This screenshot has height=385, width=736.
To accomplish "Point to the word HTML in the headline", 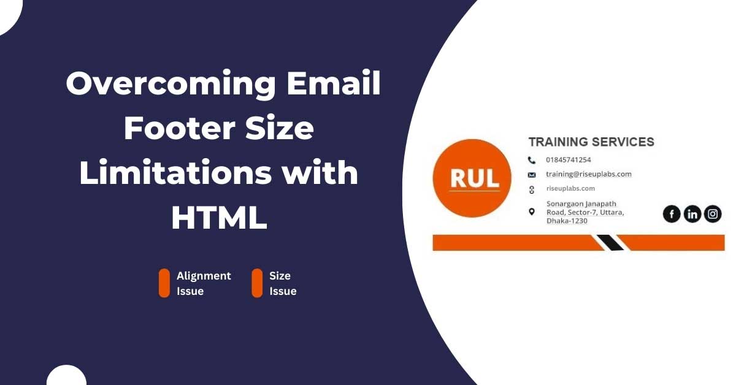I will [x=219, y=218].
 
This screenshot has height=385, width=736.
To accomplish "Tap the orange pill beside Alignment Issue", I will [x=164, y=283].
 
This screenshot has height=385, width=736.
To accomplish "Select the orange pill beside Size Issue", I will [x=257, y=283].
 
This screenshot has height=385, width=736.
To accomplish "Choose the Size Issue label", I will [x=283, y=283].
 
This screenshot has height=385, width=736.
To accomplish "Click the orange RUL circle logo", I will [x=472, y=178].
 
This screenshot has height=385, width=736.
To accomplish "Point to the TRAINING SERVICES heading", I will [x=591, y=142].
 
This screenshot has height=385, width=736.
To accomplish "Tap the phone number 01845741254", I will [x=569, y=160].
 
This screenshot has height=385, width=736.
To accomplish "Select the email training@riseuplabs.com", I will [x=588, y=174].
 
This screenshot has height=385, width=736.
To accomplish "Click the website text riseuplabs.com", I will [x=570, y=189].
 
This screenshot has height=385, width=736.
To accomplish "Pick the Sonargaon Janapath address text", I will [x=585, y=212].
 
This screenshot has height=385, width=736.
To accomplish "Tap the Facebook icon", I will [x=672, y=214].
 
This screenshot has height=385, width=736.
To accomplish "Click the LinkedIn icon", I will [x=692, y=214].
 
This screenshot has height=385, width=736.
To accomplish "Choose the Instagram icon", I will [x=713, y=214].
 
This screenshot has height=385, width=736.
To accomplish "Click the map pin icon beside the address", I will [x=532, y=212].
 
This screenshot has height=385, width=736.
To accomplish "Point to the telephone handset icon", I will [x=532, y=160].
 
